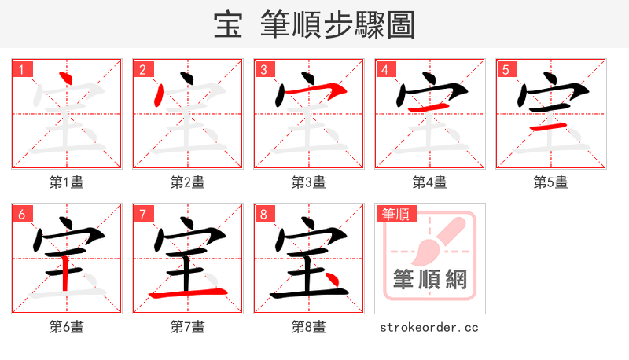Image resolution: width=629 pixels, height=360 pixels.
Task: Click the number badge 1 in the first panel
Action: tap(21, 69)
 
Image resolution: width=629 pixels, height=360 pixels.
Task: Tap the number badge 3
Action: tap(263, 69)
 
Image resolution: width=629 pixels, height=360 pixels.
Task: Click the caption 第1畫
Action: tap(67, 182)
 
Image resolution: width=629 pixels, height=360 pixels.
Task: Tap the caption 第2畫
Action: tap(188, 182)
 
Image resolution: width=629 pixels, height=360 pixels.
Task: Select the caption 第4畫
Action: tap(430, 182)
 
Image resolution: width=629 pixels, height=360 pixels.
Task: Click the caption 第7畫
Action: tap(188, 327)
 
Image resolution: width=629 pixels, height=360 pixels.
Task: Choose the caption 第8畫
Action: tap(309, 327)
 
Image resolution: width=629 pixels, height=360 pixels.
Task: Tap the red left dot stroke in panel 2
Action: tap(160, 97)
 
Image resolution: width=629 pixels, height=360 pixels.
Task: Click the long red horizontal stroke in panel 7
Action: tap(187, 293)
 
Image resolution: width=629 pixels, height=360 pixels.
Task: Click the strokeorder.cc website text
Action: tap(429, 327)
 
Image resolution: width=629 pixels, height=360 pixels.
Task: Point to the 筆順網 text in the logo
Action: tap(429, 280)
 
